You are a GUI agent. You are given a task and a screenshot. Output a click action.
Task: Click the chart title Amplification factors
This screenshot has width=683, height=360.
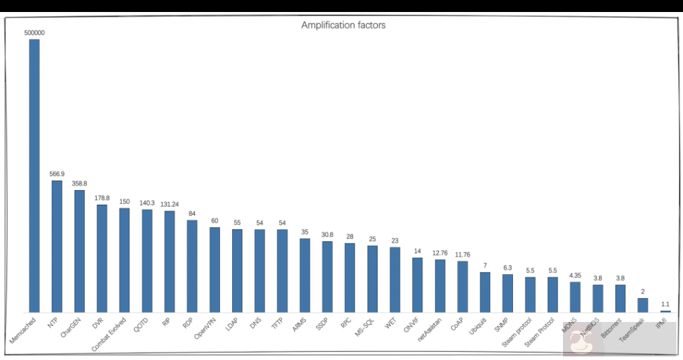tap(344, 25)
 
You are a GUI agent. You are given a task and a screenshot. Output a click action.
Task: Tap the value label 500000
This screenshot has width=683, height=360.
tap(34, 32)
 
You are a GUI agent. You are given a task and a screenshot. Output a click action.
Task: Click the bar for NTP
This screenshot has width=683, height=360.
tap(57, 246)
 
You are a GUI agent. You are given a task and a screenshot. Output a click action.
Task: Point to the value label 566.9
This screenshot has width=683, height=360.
tap(57, 174)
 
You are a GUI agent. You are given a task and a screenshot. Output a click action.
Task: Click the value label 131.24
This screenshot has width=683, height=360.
tap(169, 205)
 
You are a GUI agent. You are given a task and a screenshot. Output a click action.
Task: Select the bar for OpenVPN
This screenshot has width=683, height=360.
tap(215, 269)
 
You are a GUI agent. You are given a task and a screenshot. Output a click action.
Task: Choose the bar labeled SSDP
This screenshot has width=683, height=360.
tap(327, 277)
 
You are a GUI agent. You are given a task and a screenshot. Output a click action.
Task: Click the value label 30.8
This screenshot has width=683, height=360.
tap(327, 235)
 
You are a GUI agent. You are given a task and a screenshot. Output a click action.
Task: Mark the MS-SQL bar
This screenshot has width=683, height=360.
tap(372, 279)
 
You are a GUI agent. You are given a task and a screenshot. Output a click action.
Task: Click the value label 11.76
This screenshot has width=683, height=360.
tap(462, 255)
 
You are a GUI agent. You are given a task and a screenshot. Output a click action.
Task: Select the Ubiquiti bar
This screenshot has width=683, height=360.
tap(485, 292)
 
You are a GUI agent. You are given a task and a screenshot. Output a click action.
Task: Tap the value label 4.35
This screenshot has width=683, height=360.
tap(575, 275)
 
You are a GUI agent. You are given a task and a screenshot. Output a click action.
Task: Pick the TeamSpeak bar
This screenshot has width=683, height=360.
tap(642, 305)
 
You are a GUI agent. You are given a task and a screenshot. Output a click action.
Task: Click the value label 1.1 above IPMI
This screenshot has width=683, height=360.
tap(665, 304)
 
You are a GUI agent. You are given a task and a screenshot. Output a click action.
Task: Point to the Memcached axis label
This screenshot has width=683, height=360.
tap(23, 331)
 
